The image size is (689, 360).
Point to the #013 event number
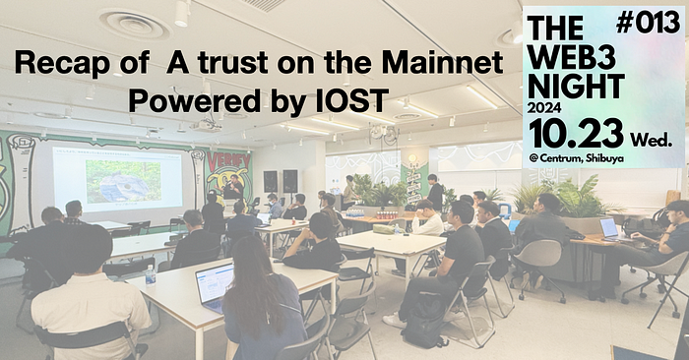click(654, 22)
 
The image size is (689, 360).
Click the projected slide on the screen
click(117, 178)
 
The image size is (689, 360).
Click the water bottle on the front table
click(151, 274)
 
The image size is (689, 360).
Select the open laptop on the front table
click(215, 284)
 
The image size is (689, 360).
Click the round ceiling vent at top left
click(134, 23)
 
